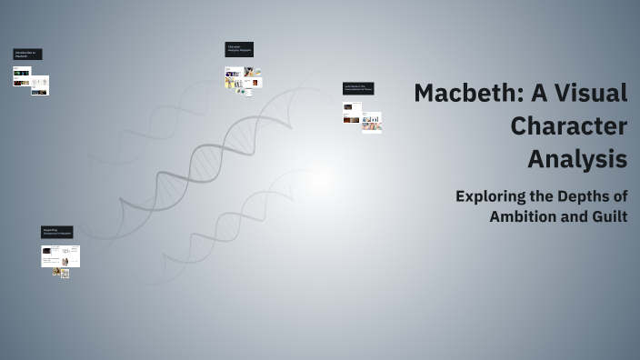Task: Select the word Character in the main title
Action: (x=568, y=126)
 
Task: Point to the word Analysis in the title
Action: (x=577, y=159)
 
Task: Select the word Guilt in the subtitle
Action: (x=609, y=216)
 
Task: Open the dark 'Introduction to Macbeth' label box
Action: (x=27, y=55)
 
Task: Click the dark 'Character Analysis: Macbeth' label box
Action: (x=239, y=49)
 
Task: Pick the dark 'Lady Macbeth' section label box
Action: (x=358, y=88)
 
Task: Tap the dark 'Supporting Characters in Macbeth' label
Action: (x=56, y=233)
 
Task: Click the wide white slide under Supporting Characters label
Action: (x=61, y=256)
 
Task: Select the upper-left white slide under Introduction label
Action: (x=22, y=71)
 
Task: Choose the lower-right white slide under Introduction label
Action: (x=39, y=85)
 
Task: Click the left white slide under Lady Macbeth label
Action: (x=352, y=112)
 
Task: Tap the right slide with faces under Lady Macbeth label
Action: (x=372, y=122)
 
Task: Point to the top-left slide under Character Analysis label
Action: (x=231, y=72)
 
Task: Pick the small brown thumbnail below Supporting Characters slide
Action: (x=57, y=272)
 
